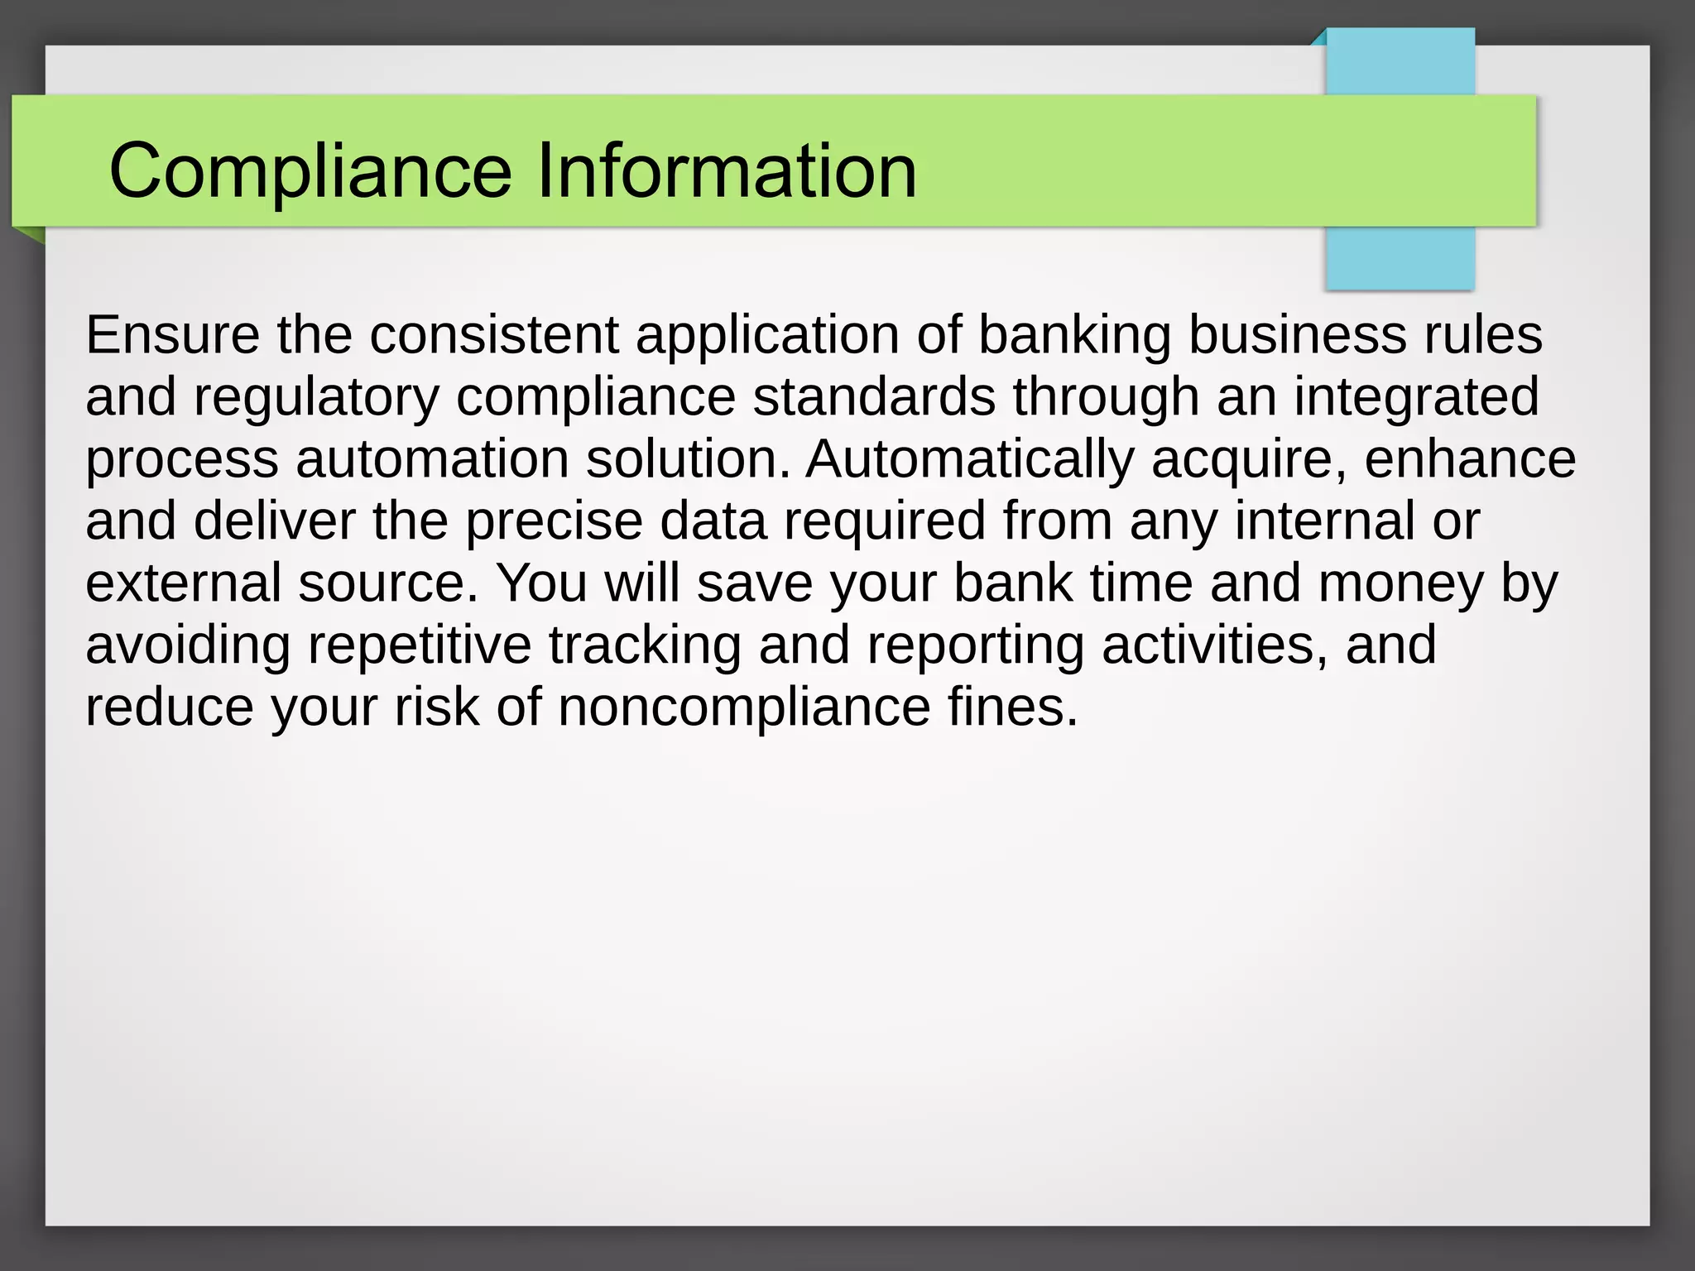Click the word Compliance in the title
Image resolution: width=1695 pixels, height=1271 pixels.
[310, 170]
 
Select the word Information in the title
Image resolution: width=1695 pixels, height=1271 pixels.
[727, 170]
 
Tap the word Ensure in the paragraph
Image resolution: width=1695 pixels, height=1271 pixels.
[172, 335]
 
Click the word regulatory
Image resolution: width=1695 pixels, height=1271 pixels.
[315, 397]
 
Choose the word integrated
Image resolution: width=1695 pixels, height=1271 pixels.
[1416, 397]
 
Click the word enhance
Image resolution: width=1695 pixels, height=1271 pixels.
[1470, 459]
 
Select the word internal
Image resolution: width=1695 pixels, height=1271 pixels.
[1324, 521]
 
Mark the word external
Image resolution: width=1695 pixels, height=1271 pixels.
[184, 583]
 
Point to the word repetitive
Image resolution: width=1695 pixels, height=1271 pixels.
[420, 645]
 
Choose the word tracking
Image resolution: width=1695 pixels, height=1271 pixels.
[645, 645]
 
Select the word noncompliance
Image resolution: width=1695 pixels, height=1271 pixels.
[744, 707]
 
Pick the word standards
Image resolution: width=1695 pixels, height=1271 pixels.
[874, 397]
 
